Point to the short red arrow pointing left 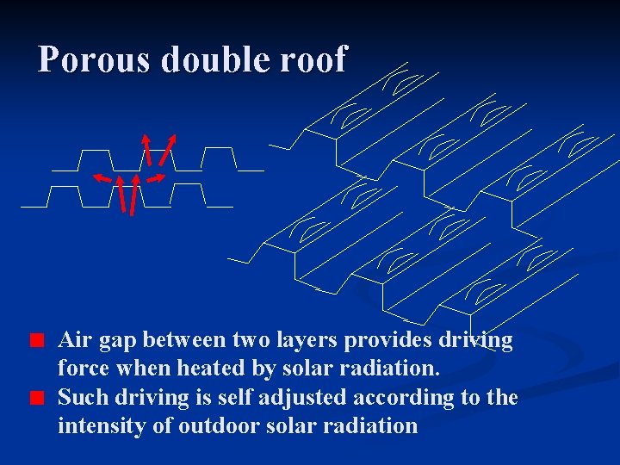[x=103, y=178]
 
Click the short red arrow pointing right [x=155, y=178]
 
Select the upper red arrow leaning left [x=147, y=149]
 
